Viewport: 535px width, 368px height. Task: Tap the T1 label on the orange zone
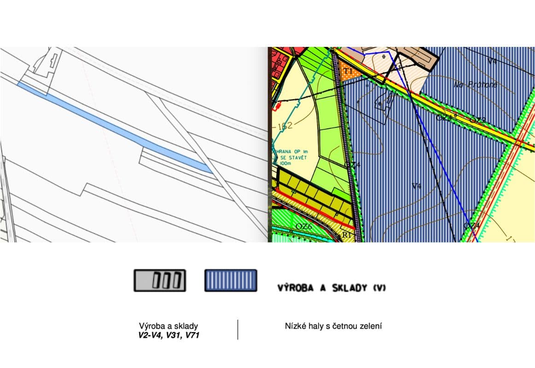(349, 71)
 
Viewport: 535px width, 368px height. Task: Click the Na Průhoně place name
(476, 85)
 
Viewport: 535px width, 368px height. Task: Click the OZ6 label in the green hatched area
(304, 226)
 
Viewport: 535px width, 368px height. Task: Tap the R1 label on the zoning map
(347, 235)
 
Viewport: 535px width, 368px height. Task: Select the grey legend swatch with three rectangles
(160, 281)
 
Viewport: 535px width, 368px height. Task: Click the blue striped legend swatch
(231, 281)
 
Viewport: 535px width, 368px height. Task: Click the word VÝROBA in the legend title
(295, 288)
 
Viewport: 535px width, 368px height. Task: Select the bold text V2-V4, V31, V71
(169, 336)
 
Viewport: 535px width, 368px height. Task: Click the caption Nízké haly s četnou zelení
(334, 327)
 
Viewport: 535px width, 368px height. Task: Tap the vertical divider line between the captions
(238, 330)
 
